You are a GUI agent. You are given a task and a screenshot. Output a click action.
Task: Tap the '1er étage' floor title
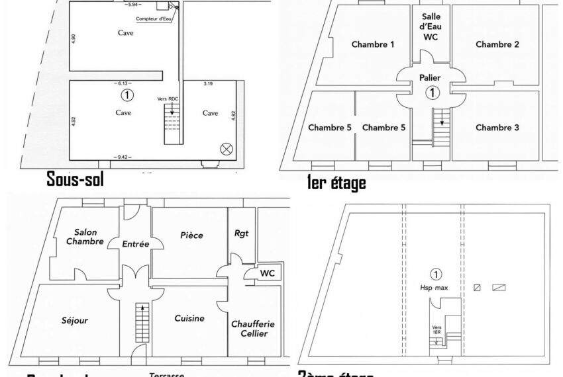pyautogui.click(x=336, y=183)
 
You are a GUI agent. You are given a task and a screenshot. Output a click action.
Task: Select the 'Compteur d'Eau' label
pyautogui.click(x=152, y=19)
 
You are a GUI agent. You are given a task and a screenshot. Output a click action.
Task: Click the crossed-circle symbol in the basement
pyautogui.click(x=226, y=149)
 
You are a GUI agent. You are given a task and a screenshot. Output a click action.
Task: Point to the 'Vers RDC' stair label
pyautogui.click(x=168, y=99)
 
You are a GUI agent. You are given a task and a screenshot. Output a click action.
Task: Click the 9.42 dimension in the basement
pyautogui.click(x=123, y=157)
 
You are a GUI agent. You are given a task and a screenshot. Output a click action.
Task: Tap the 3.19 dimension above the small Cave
pyautogui.click(x=208, y=83)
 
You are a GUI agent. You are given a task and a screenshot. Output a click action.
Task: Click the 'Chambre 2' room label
pyautogui.click(x=497, y=44)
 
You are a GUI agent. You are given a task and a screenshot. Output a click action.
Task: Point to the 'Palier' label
pyautogui.click(x=431, y=77)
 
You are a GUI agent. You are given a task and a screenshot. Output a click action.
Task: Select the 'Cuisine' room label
pyautogui.click(x=189, y=318)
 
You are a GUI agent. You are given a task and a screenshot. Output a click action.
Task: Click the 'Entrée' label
pyautogui.click(x=136, y=244)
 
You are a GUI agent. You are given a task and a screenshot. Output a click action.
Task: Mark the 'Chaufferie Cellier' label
pyautogui.click(x=252, y=329)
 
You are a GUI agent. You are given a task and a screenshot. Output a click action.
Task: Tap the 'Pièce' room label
pyautogui.click(x=191, y=235)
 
